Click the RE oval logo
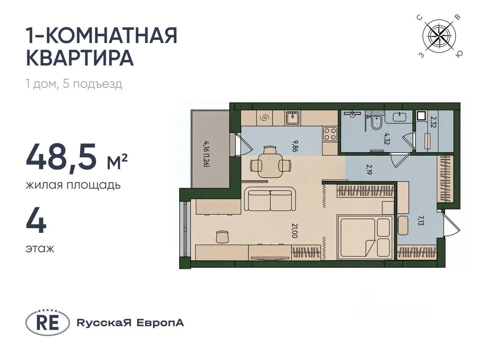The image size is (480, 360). point(48,323)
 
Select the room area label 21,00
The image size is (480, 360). point(294,231)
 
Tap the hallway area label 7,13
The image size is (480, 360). point(421,221)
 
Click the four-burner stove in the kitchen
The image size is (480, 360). point(330,134)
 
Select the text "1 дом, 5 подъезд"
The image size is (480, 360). point(74,84)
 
